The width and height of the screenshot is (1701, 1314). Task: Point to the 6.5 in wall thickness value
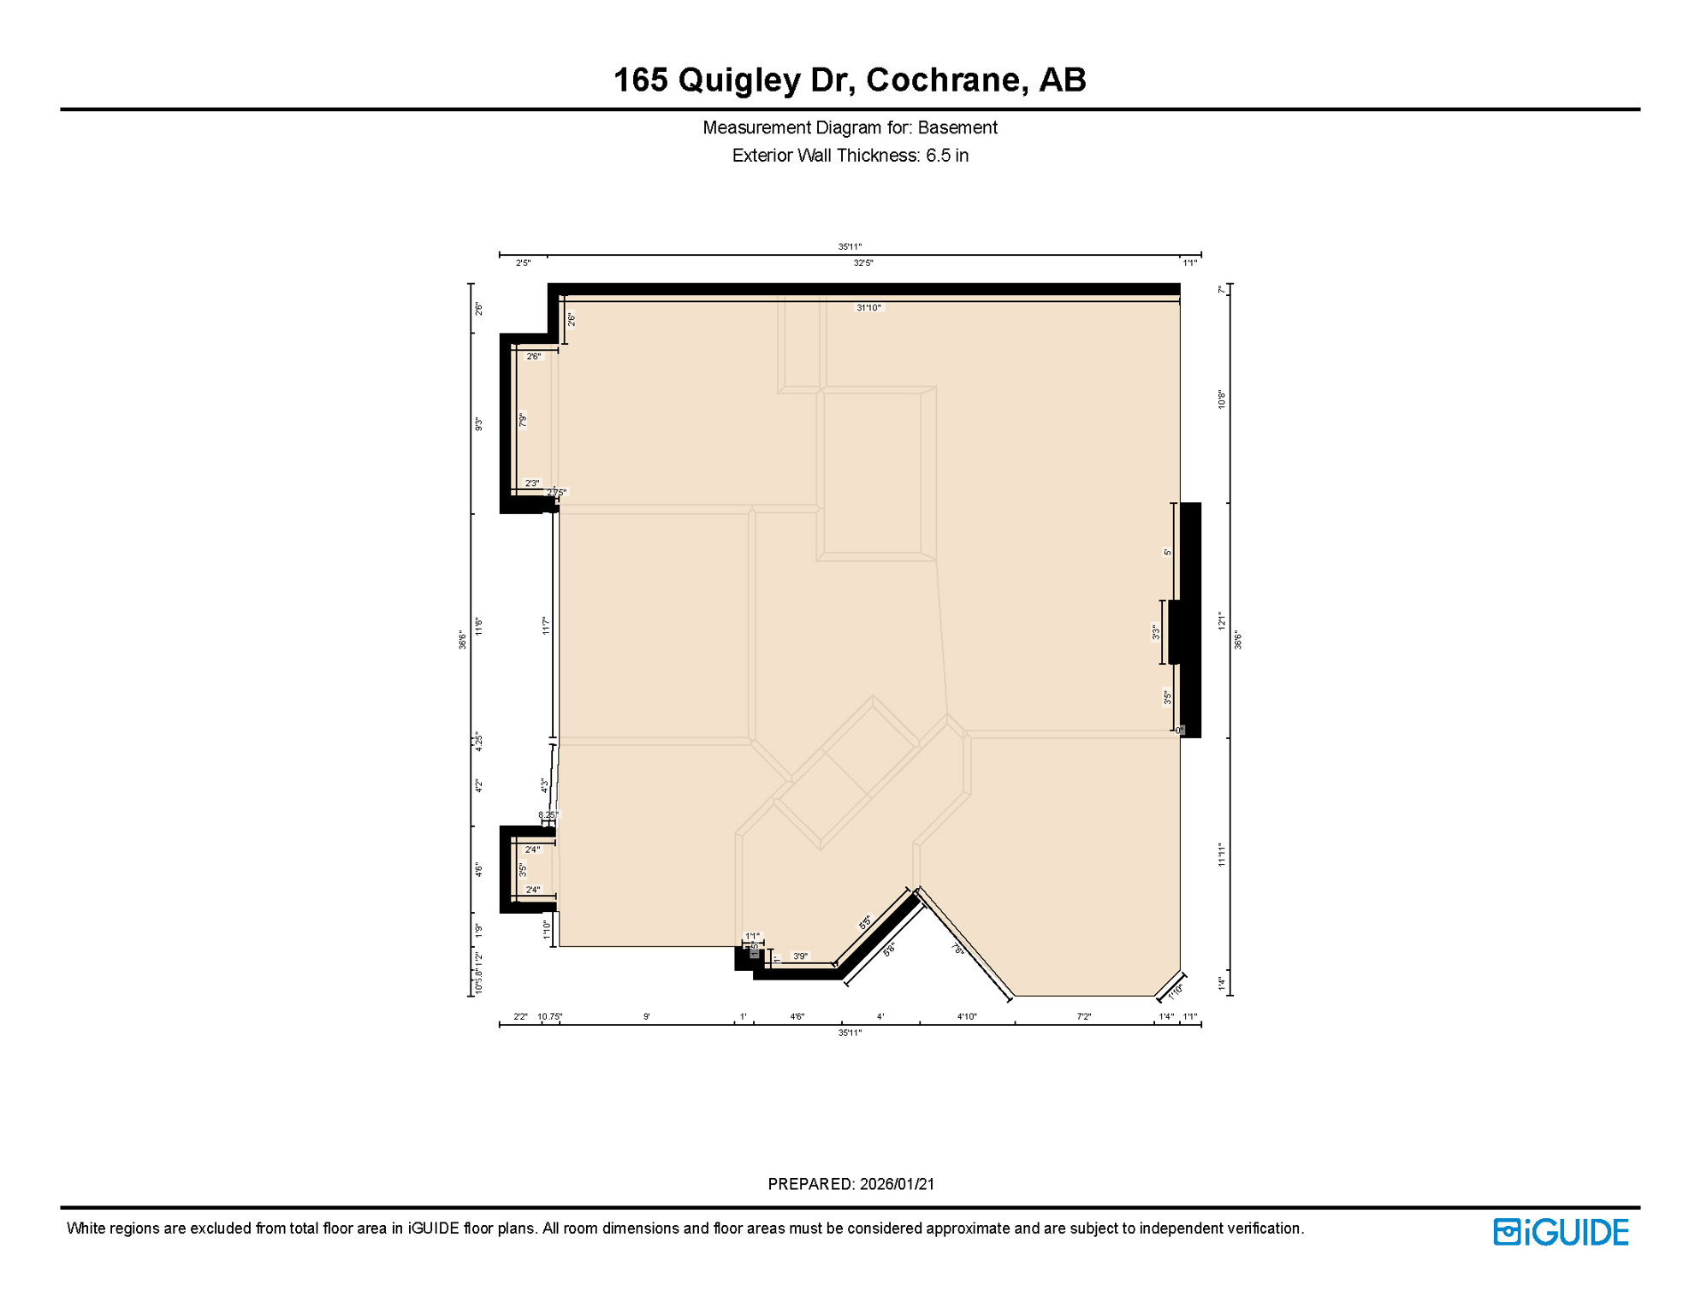(x=946, y=156)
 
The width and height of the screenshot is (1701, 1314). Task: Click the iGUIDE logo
(x=1561, y=1232)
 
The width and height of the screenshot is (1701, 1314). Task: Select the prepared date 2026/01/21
(x=897, y=1184)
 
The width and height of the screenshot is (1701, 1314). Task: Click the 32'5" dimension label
(x=862, y=263)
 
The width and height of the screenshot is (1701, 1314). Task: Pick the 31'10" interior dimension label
(x=868, y=308)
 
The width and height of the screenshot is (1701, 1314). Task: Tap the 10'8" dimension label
(x=1222, y=400)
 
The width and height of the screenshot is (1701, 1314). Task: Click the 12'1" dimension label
(x=1222, y=621)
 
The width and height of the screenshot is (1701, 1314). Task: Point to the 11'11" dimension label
(x=1222, y=855)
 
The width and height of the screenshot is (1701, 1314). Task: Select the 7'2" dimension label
(x=1083, y=1016)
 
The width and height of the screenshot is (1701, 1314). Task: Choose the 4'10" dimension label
(x=966, y=1016)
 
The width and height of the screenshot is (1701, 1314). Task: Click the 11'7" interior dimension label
(x=546, y=625)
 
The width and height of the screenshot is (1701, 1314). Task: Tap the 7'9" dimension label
(x=522, y=420)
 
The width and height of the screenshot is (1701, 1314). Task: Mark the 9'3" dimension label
(x=479, y=423)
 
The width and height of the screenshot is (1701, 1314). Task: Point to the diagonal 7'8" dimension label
(x=958, y=949)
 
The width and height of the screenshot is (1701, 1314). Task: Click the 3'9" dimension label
(x=800, y=956)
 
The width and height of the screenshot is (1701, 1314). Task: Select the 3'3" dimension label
(x=1156, y=632)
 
